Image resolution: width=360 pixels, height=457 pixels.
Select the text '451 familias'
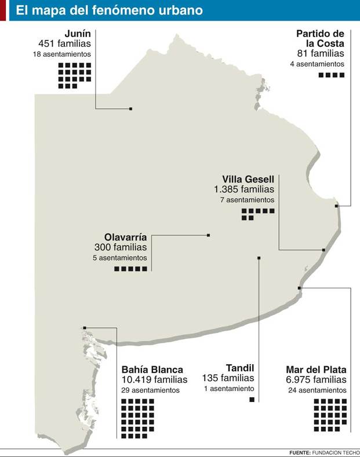point(65,43)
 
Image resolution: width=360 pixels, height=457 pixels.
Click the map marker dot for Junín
point(131,109)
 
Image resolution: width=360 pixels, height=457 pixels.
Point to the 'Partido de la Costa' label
point(321,38)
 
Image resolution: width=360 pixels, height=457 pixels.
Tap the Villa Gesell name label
point(248,179)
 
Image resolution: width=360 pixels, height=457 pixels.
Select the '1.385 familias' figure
point(244,189)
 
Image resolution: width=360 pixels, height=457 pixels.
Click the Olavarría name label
point(126,237)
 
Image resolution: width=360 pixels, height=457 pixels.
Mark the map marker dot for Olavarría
point(208,235)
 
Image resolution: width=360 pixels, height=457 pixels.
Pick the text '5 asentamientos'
point(119,258)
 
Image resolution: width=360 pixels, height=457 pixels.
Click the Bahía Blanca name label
point(152,370)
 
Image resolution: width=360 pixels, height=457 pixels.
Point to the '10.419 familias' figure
point(155,380)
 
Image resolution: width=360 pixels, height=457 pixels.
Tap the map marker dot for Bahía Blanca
point(85,328)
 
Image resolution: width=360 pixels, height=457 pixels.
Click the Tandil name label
point(240,367)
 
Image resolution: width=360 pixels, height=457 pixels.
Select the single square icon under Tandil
point(252,400)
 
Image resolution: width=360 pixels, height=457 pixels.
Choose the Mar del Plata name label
point(317,370)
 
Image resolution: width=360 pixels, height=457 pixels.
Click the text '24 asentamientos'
point(317,390)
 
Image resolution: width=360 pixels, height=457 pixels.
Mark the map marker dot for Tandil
point(259,258)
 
